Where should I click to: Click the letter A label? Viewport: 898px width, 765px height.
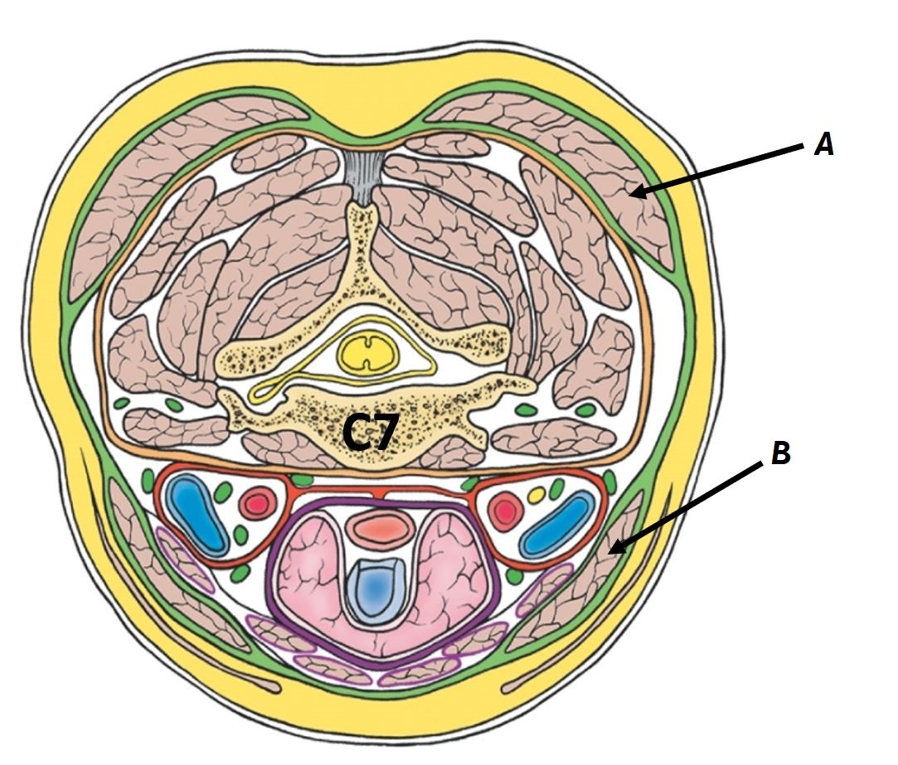[823, 146]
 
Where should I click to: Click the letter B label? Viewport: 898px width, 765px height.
[780, 454]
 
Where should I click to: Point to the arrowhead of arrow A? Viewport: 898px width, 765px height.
[634, 194]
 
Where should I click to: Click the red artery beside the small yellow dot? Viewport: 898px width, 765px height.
[505, 511]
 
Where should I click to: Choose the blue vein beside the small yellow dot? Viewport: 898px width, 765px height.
[561, 523]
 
